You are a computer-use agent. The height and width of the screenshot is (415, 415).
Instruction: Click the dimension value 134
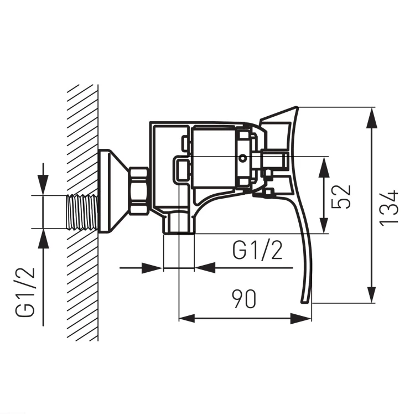click(x=390, y=207)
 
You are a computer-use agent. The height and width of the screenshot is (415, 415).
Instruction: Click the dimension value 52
click(x=341, y=196)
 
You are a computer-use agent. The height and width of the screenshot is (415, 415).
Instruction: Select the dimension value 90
click(x=244, y=299)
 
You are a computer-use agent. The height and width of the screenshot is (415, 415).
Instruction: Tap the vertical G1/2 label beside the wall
click(x=25, y=292)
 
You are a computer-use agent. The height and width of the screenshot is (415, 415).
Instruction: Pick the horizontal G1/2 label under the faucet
click(x=257, y=250)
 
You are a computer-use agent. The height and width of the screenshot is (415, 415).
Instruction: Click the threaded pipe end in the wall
click(x=82, y=212)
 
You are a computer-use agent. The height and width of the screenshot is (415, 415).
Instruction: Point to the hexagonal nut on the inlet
click(x=138, y=190)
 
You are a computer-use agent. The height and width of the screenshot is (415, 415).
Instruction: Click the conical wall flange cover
click(x=112, y=191)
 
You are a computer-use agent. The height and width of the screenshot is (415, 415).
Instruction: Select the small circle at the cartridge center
click(x=242, y=159)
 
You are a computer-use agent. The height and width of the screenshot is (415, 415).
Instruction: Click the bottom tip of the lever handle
click(x=305, y=302)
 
